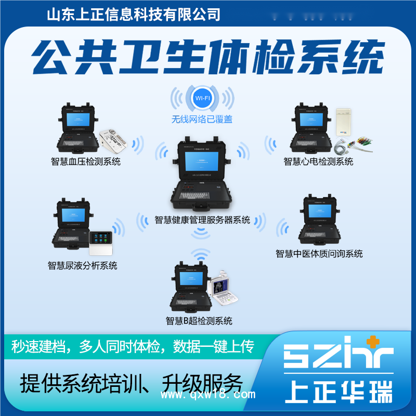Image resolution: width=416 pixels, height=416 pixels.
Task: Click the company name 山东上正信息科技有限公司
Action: [134, 14]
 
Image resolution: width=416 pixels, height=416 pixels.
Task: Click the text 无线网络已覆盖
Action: [202, 119]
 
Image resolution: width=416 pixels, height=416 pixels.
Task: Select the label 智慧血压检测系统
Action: [86, 162]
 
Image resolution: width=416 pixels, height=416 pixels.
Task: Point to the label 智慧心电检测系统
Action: [318, 162]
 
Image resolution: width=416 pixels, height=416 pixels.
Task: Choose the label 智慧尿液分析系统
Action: [83, 266]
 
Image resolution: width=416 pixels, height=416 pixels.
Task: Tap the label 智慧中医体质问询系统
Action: [319, 254]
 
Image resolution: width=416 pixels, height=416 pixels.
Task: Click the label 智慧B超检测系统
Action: [199, 320]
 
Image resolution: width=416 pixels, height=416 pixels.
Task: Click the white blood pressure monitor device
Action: [112, 139]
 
